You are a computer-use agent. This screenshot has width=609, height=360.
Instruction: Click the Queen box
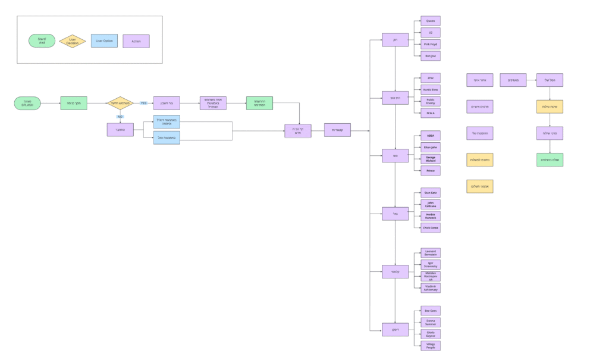click(430, 21)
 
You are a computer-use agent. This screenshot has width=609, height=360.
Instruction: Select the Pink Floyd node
click(430, 44)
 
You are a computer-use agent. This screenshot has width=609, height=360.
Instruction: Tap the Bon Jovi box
click(430, 56)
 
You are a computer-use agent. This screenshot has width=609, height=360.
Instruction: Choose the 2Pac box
click(430, 78)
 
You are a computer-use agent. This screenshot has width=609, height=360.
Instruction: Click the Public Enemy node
click(430, 101)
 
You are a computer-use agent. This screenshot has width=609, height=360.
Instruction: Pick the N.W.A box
click(430, 113)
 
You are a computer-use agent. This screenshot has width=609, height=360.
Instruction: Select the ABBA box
click(430, 135)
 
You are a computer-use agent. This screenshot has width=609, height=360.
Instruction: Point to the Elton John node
click(430, 147)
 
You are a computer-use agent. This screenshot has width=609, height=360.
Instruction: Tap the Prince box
click(430, 171)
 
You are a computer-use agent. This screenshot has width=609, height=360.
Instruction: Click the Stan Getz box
click(430, 193)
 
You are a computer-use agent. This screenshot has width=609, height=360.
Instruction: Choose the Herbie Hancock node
click(430, 216)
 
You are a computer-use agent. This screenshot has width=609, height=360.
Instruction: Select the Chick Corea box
click(430, 228)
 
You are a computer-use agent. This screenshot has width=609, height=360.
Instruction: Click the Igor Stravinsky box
click(430, 265)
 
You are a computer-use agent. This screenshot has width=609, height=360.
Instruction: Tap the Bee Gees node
click(430, 311)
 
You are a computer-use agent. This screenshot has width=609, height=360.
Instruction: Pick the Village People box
click(430, 346)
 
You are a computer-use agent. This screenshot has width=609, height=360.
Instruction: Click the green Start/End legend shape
click(42, 41)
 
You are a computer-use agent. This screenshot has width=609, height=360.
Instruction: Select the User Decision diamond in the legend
click(72, 41)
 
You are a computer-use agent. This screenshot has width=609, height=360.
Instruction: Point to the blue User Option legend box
click(103, 41)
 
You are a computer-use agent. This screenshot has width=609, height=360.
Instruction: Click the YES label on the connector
click(143, 103)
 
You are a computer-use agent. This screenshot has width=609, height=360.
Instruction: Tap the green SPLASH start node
click(27, 103)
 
